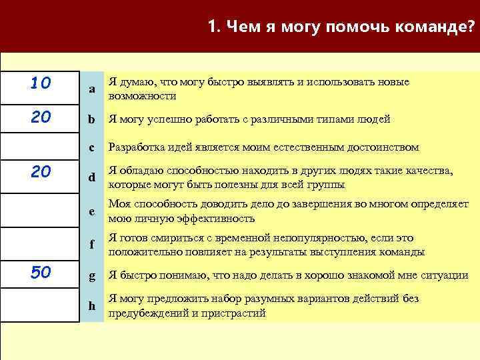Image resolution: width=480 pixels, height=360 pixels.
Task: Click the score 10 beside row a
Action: coord(40,84)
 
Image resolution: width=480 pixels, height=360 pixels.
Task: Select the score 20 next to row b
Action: coord(40,117)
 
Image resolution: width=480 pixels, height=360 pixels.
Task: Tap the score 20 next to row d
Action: coord(40,173)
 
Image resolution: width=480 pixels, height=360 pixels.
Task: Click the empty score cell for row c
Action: coord(40,146)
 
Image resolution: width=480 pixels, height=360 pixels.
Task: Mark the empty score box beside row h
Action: coord(40,306)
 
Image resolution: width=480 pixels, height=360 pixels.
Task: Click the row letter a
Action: coord(92,89)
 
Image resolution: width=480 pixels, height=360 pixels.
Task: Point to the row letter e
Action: coord(92,212)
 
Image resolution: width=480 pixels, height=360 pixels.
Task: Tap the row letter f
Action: coord(92,245)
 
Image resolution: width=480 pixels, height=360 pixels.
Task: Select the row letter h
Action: coord(92,306)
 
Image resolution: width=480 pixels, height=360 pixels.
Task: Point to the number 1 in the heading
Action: coord(212,27)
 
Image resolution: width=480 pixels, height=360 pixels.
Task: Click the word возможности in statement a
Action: coord(142,96)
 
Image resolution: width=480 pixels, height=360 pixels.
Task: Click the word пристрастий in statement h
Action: coord(233,313)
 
